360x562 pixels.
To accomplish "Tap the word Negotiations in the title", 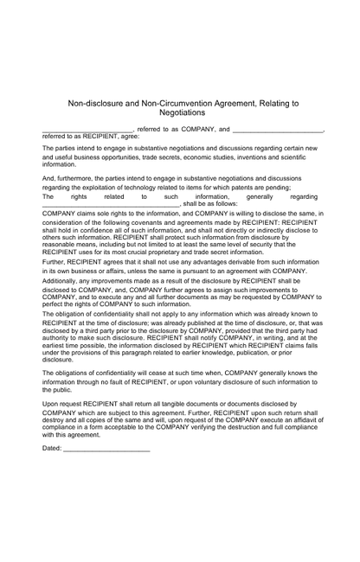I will (183, 112).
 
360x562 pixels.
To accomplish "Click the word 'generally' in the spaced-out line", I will (253, 197).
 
